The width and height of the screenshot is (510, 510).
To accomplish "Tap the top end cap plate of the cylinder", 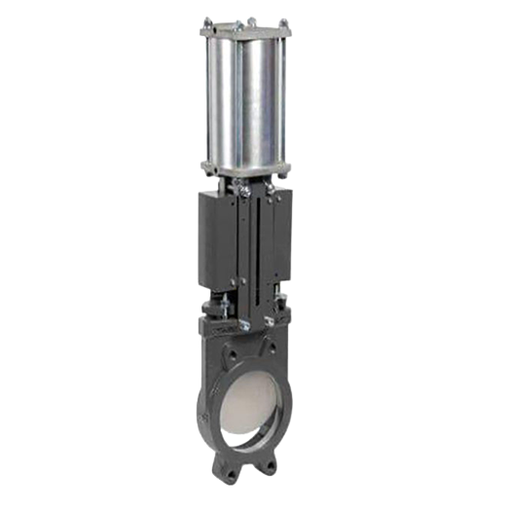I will (244, 31).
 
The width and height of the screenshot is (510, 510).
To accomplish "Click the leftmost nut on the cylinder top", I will (207, 22).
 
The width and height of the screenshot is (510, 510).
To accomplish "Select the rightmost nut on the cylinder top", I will (283, 22).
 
